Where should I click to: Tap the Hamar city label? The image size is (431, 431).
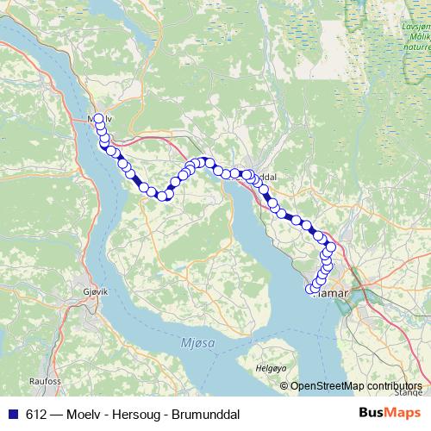pyautogui.click(x=330, y=293)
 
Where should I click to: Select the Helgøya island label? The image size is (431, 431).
pyautogui.click(x=271, y=367)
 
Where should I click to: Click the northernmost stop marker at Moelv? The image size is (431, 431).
pyautogui.click(x=98, y=119)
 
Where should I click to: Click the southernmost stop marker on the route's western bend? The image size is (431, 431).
pyautogui.click(x=161, y=197)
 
